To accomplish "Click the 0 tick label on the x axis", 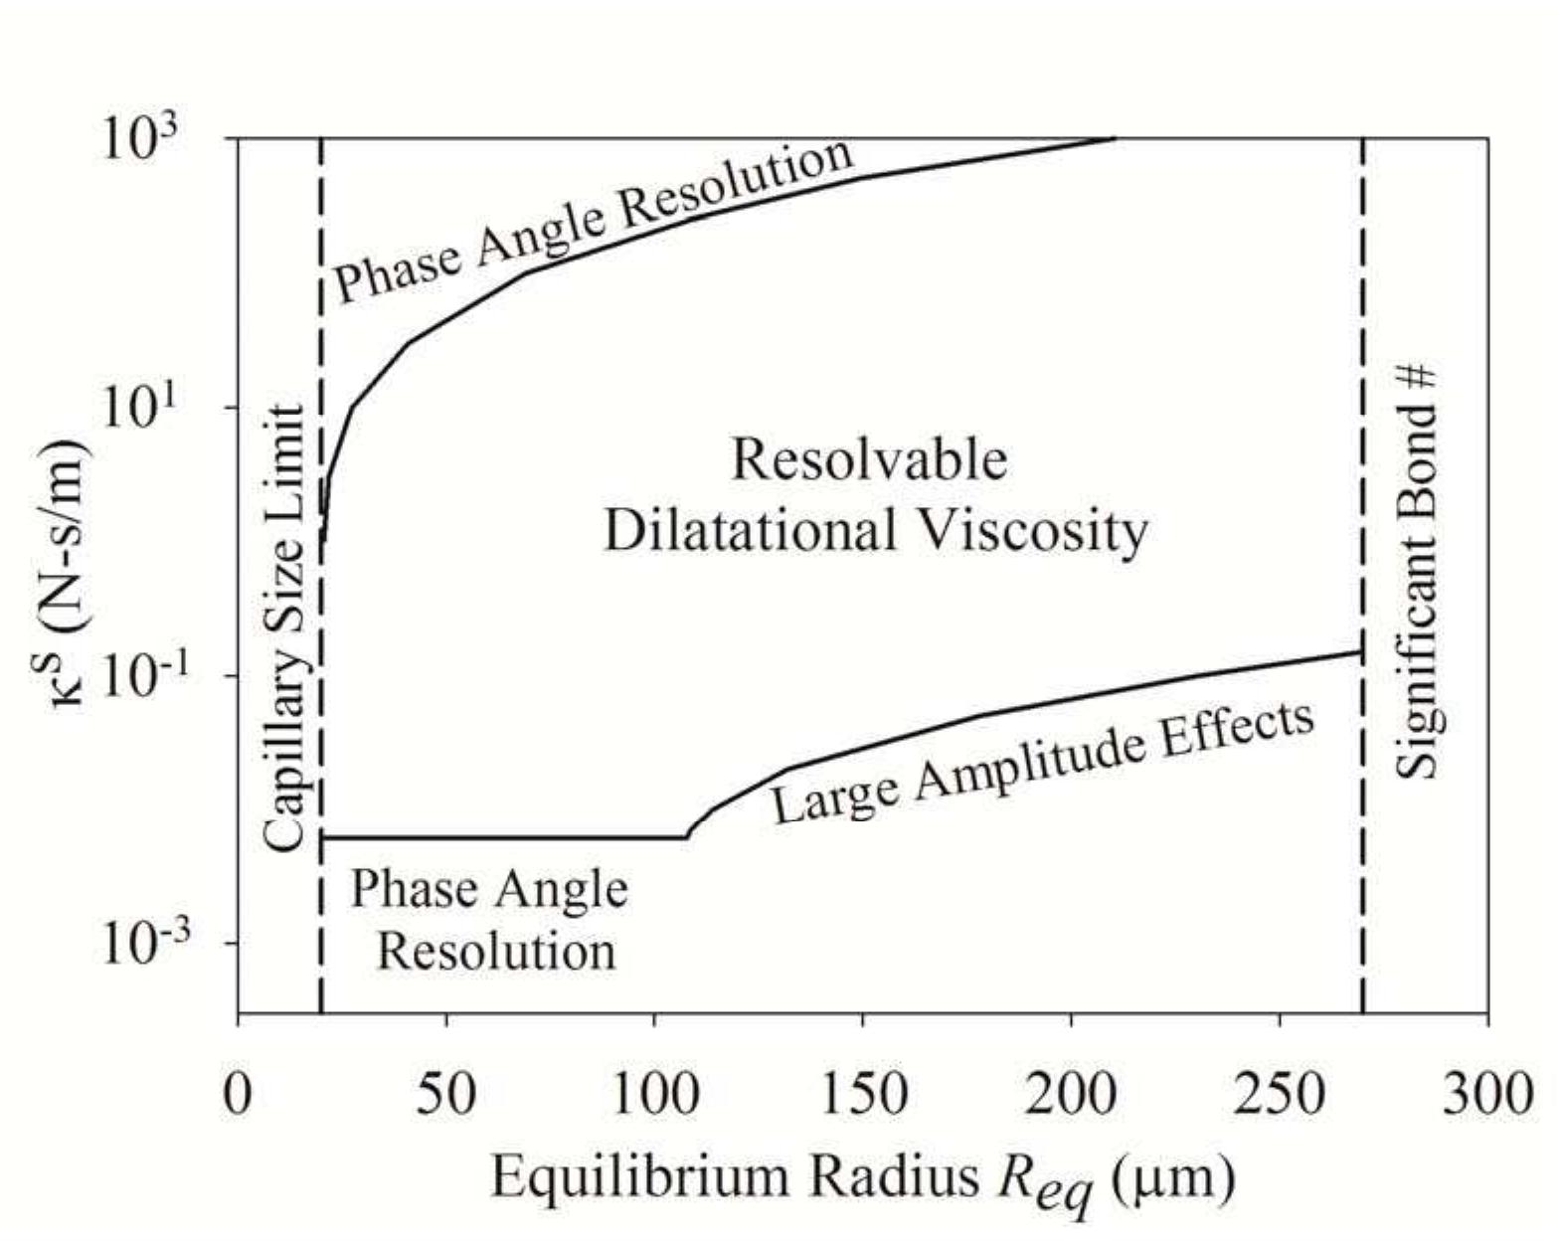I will [x=238, y=1094].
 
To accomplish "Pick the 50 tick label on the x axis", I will [x=446, y=1094].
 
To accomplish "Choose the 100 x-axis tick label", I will [x=654, y=1094].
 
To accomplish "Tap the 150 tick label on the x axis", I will [x=863, y=1094].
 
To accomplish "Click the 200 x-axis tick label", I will [x=1071, y=1094].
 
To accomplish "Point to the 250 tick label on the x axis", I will [x=1280, y=1094].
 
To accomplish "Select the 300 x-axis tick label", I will [x=1487, y=1094].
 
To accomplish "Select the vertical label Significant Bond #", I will [x=1417, y=572].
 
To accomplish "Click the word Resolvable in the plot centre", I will [x=869, y=461].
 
